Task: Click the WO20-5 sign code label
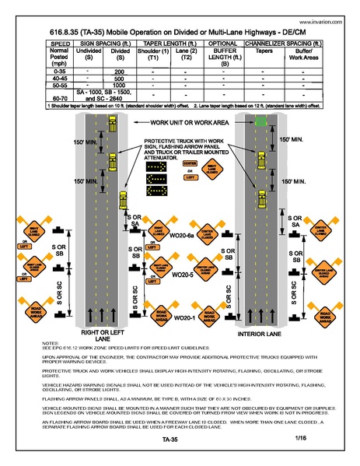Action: (x=182, y=275)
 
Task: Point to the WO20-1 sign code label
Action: (x=183, y=318)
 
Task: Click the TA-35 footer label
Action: (x=180, y=440)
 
